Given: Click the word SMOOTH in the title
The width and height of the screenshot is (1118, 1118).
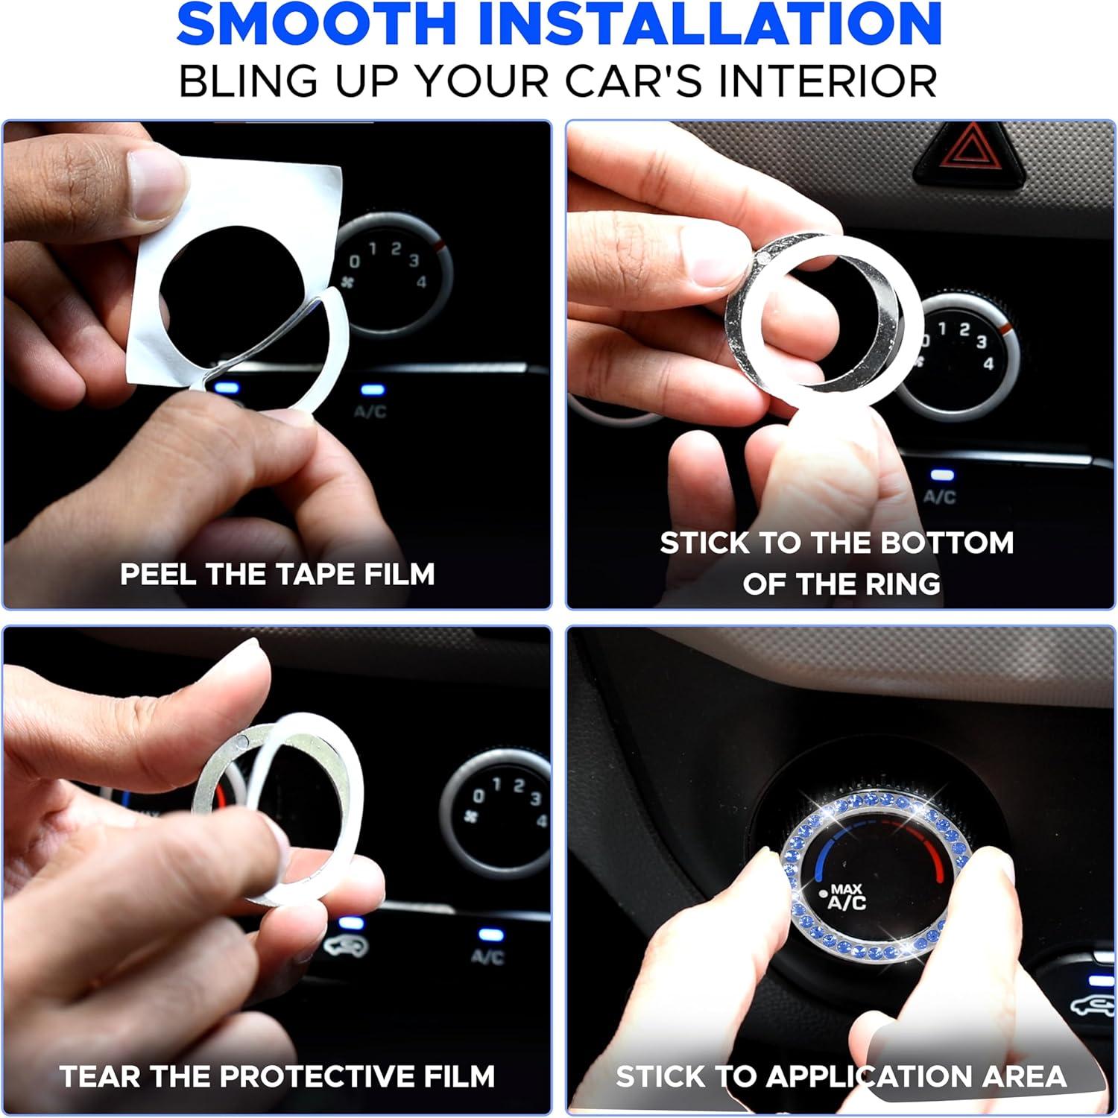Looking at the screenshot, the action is [316, 24].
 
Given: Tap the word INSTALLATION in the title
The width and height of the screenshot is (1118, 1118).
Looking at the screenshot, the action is [707, 24].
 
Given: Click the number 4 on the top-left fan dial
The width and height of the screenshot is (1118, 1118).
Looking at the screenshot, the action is [422, 282].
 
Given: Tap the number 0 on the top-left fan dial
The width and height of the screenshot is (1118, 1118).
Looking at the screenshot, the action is [356, 262].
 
